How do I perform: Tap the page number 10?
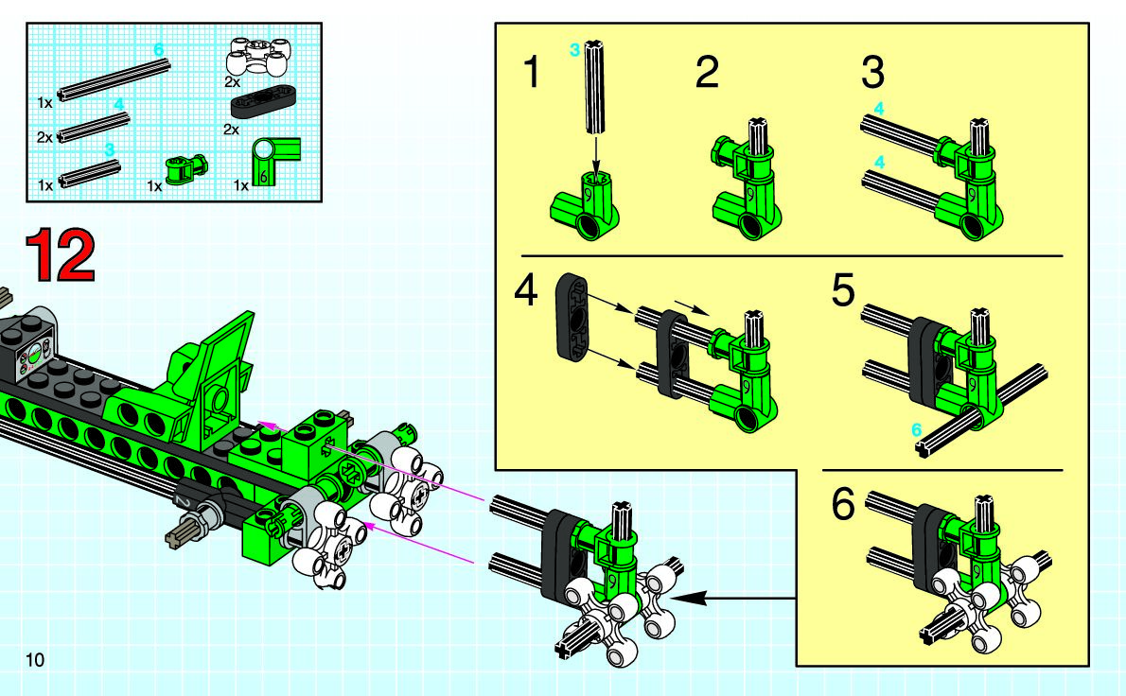click(x=34, y=659)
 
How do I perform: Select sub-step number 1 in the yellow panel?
click(x=532, y=72)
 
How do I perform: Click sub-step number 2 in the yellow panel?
click(x=707, y=72)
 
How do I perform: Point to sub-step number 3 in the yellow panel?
click(x=872, y=72)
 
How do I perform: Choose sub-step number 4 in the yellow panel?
click(x=526, y=291)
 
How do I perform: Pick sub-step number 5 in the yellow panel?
click(x=843, y=290)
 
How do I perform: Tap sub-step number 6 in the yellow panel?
click(x=843, y=504)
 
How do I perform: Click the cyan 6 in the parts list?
click(x=159, y=49)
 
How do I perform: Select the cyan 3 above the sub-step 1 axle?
click(x=574, y=50)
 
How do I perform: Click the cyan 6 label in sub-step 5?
click(x=916, y=429)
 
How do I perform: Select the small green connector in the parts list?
click(x=186, y=170)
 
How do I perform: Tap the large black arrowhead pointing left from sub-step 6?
click(x=690, y=597)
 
